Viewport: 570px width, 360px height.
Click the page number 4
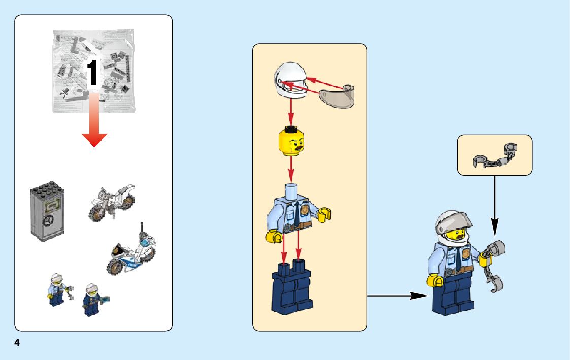(x=17, y=343)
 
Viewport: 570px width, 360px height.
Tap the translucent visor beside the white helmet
(x=337, y=96)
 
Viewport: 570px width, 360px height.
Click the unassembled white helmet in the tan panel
(x=290, y=81)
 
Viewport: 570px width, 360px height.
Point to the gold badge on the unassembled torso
(x=306, y=210)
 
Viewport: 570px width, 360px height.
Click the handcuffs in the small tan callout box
(x=494, y=155)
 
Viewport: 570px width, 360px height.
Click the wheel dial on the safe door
(x=48, y=221)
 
